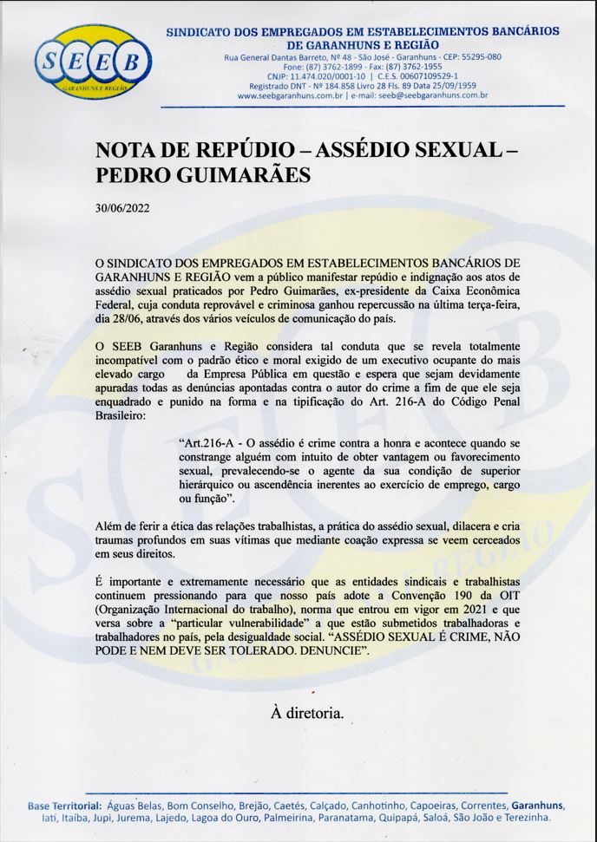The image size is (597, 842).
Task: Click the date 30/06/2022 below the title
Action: coord(122,208)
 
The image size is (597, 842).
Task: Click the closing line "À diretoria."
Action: coord(307,713)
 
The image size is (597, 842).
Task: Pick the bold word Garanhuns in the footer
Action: coord(538,805)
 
